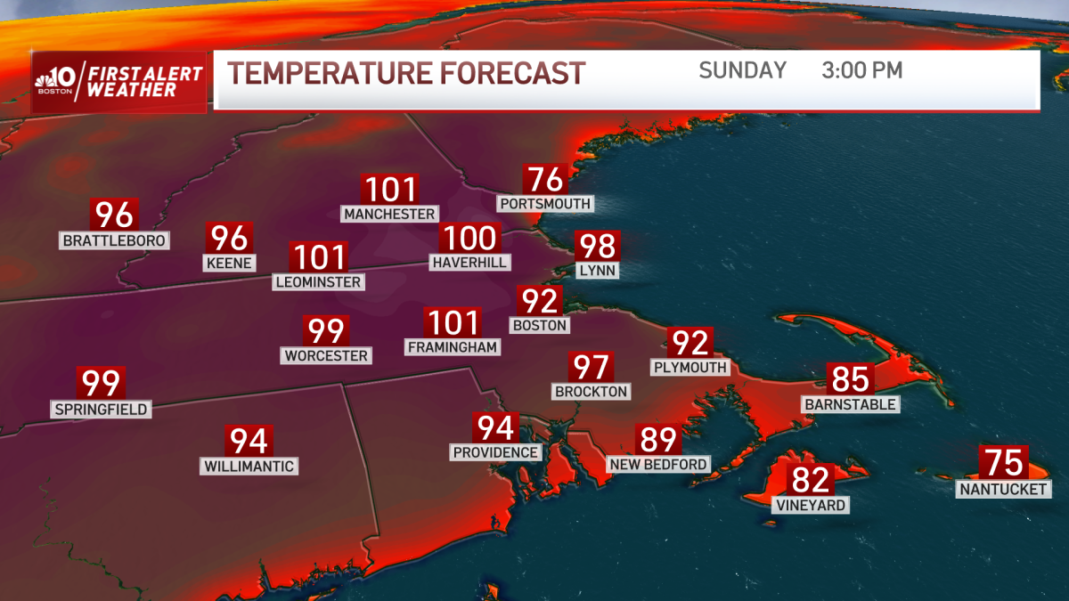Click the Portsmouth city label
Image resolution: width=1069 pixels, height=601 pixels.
point(543,204)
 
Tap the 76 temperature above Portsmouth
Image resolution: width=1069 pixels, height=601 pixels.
point(545,180)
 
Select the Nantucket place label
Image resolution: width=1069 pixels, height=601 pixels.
point(1004,489)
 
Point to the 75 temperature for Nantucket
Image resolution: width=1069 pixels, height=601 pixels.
point(1004,463)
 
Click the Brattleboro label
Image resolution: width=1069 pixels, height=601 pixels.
point(115,240)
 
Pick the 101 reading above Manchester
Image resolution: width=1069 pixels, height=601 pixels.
point(390,190)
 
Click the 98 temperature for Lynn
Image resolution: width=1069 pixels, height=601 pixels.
point(597,246)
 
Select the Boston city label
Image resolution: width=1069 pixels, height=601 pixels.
point(540,325)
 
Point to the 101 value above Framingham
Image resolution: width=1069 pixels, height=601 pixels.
point(453,322)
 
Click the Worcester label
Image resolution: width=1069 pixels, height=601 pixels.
point(326,355)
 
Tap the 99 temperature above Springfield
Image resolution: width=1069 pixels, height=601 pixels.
point(101,384)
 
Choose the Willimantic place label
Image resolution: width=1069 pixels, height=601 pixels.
point(249,466)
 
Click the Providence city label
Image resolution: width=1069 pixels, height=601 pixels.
point(495,451)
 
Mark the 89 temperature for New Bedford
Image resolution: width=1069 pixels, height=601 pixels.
point(657,439)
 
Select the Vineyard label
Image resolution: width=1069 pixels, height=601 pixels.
point(810,505)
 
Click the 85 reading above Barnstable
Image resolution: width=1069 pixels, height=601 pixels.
point(850,379)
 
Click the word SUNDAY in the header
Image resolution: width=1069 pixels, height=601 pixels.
point(742,70)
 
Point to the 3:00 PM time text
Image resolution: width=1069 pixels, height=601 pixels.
point(861,70)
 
